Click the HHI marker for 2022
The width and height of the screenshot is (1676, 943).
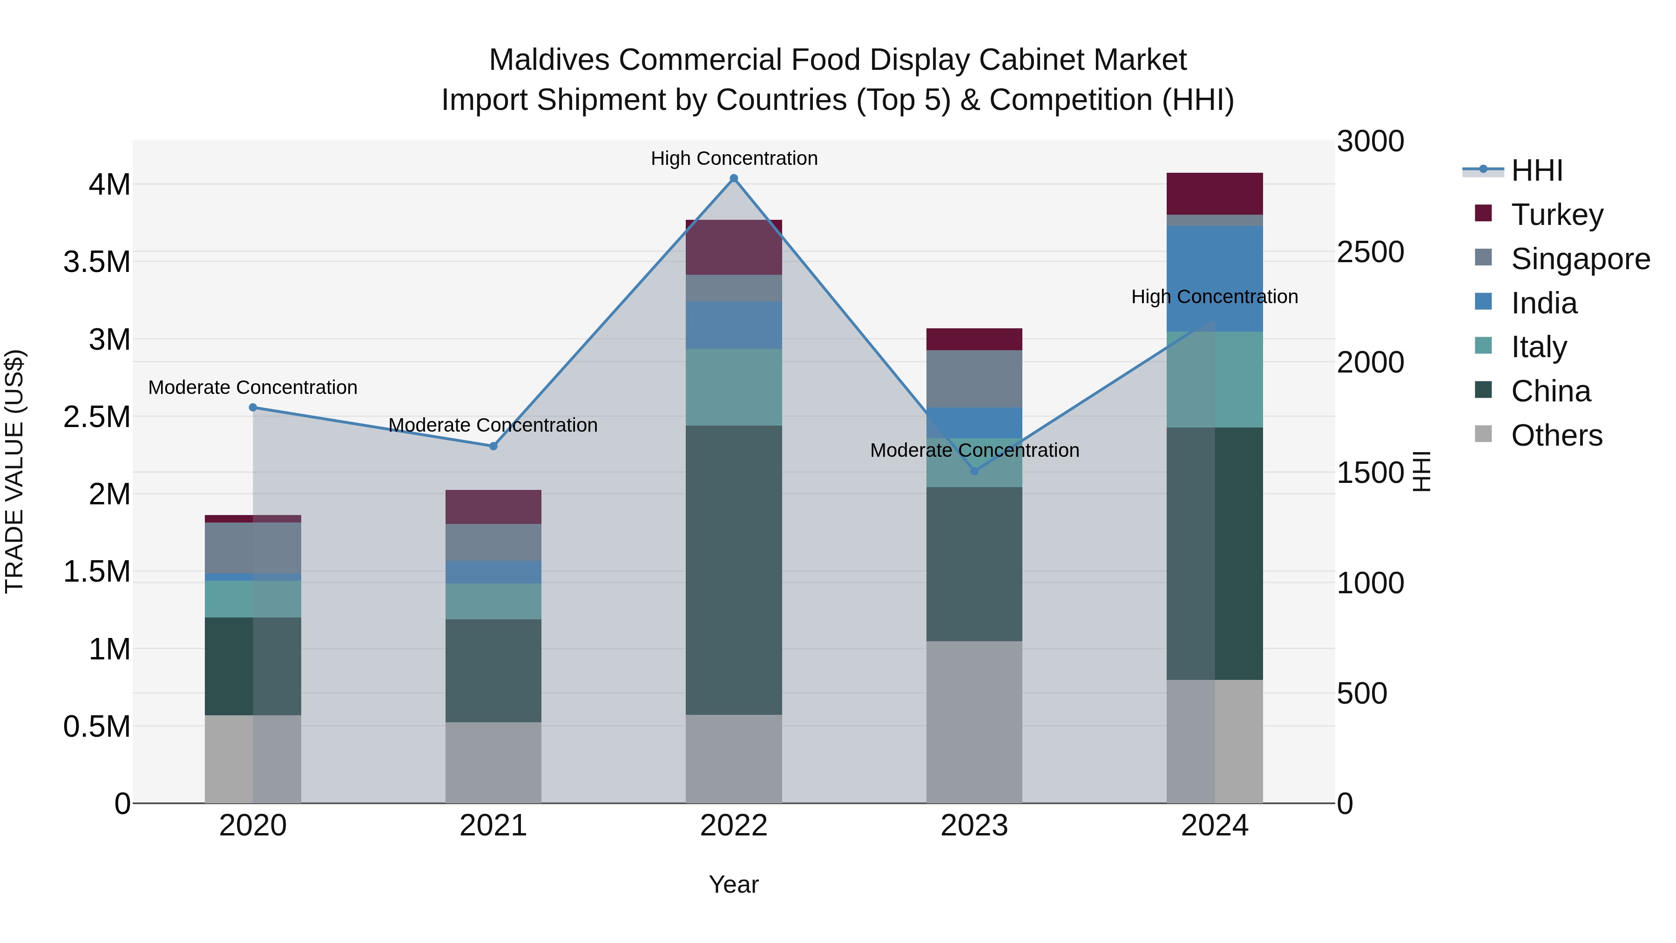point(733,178)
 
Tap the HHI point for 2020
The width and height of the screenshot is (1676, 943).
point(253,407)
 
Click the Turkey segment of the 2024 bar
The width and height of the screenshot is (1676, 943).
point(1214,193)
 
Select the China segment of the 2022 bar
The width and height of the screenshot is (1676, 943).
point(733,570)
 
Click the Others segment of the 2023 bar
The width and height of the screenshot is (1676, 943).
point(974,722)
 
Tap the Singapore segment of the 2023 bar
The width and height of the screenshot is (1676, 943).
point(974,379)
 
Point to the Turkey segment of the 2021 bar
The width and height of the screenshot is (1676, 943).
point(493,507)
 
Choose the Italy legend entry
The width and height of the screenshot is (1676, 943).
point(1538,347)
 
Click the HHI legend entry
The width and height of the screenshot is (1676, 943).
point(1536,170)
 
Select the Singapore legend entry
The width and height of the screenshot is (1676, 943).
point(1580,259)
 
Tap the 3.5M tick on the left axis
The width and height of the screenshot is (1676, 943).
point(97,262)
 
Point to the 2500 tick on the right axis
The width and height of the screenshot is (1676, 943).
point(1370,252)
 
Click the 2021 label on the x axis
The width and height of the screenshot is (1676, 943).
point(493,826)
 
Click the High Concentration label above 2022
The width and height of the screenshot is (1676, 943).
point(734,158)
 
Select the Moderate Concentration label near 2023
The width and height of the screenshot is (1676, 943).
point(974,450)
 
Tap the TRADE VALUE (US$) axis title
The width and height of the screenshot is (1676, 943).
point(15,471)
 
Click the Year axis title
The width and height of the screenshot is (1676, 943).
point(733,884)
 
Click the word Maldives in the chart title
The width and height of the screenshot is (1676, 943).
point(548,60)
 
